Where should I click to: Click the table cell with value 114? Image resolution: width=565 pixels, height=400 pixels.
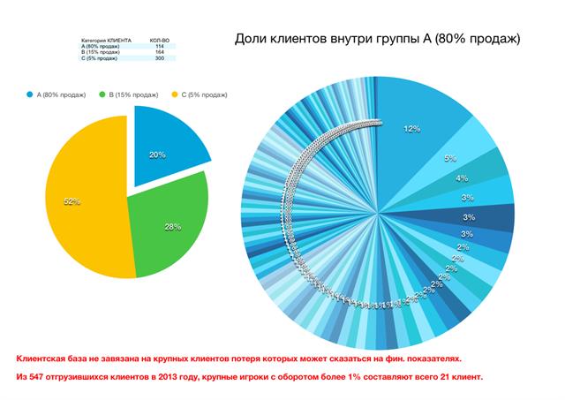pyautogui.click(x=159, y=46)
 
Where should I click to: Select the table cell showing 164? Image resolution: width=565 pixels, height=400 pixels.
pyautogui.click(x=159, y=52)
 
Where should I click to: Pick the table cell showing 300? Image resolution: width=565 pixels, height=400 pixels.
pyautogui.click(x=159, y=58)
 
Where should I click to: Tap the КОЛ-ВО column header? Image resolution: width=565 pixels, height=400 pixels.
pyautogui.click(x=160, y=40)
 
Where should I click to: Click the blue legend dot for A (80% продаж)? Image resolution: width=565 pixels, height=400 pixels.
pyautogui.click(x=30, y=93)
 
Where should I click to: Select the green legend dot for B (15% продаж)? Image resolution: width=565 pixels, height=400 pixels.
pyautogui.click(x=102, y=93)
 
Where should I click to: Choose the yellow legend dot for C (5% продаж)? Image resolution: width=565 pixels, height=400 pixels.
pyautogui.click(x=174, y=93)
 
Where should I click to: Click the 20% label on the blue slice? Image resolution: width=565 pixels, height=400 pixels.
pyautogui.click(x=157, y=154)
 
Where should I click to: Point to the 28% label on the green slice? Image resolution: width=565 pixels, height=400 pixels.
pyautogui.click(x=172, y=227)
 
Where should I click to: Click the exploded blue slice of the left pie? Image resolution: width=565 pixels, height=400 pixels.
pyautogui.click(x=168, y=141)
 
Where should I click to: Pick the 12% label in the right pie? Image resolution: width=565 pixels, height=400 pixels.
pyautogui.click(x=411, y=129)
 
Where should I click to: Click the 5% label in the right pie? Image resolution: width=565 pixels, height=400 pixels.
pyautogui.click(x=450, y=158)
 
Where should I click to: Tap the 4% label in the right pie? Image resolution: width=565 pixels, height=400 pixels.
pyautogui.click(x=462, y=177)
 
